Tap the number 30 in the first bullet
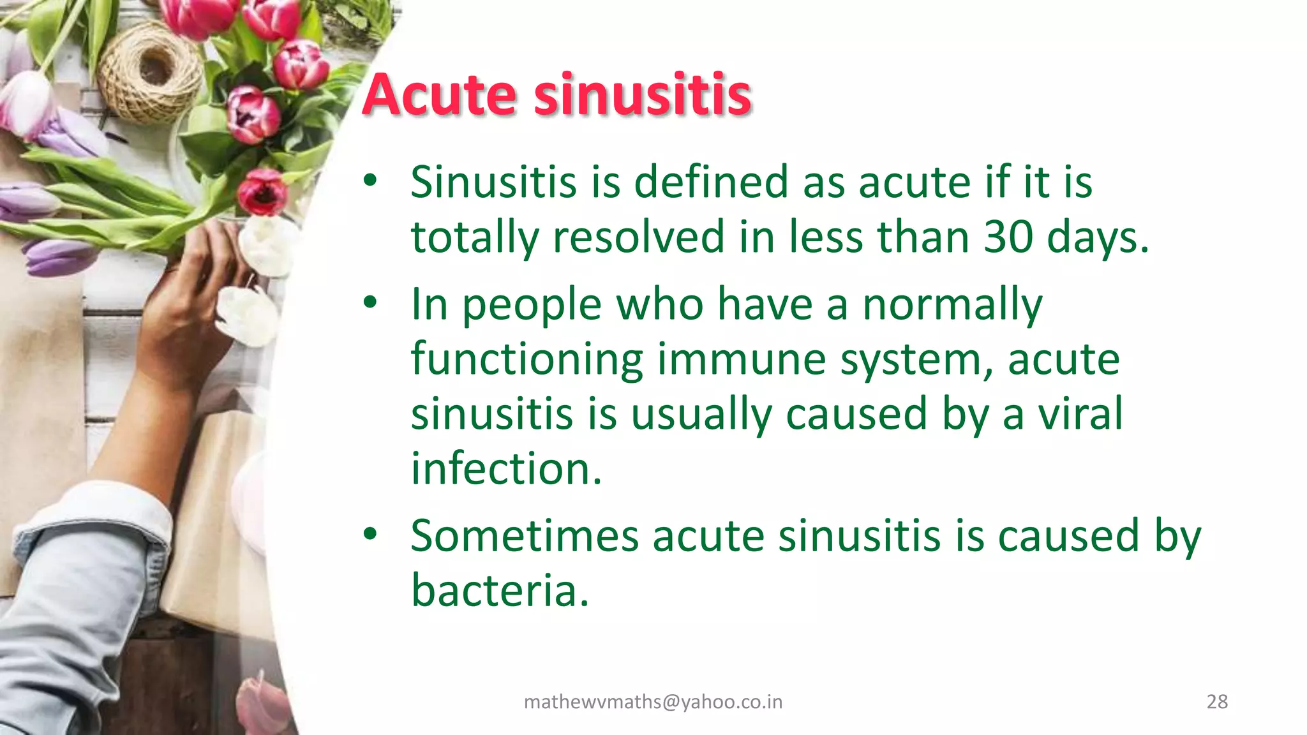pyautogui.click(x=1008, y=237)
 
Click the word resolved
pyautogui.click(x=639, y=237)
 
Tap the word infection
pyautogui.click(x=506, y=468)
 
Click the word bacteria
pyautogui.click(x=499, y=590)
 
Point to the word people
pyautogui.click(x=532, y=306)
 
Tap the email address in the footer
pyautogui.click(x=653, y=702)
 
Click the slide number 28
pyautogui.click(x=1217, y=702)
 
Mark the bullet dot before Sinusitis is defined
pyautogui.click(x=371, y=181)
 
